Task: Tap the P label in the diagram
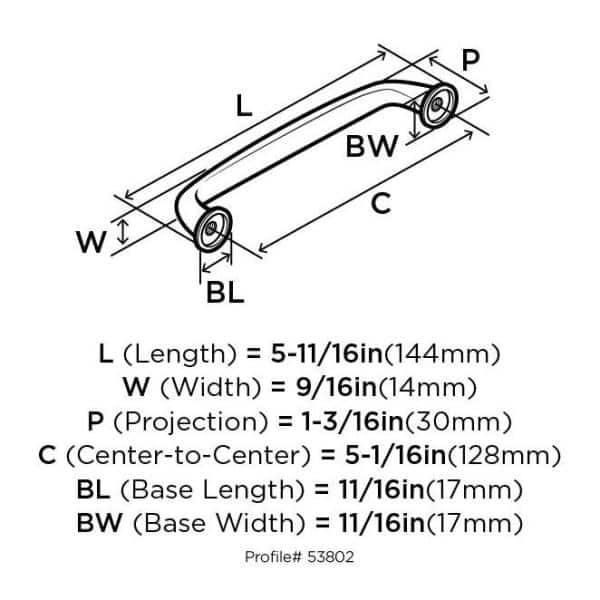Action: click(x=471, y=59)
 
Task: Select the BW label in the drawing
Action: click(x=372, y=147)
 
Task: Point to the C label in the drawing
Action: click(x=381, y=203)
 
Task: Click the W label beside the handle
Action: click(x=92, y=242)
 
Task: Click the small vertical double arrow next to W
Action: click(x=122, y=232)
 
